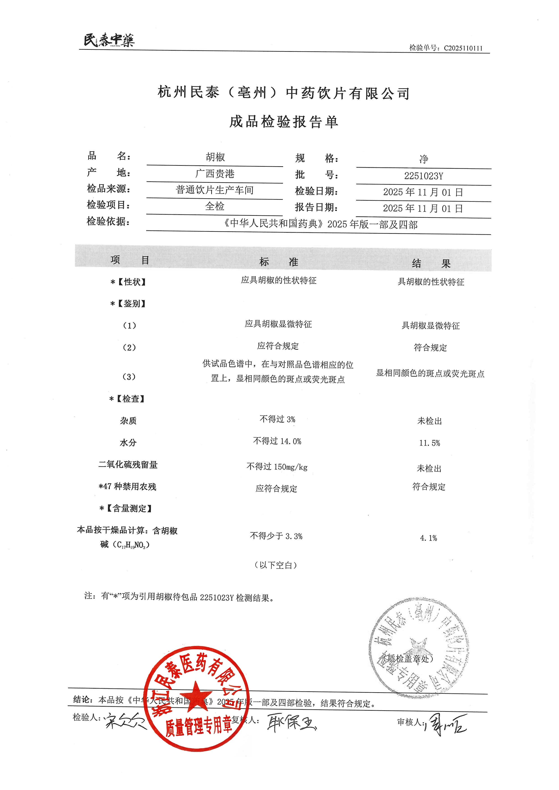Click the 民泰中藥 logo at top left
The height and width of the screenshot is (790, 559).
(x=109, y=40)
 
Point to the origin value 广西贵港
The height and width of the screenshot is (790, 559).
(x=215, y=173)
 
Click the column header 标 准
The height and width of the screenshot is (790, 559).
(x=278, y=262)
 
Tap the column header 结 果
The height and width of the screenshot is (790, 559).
(x=431, y=264)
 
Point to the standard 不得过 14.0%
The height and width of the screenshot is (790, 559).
(x=277, y=441)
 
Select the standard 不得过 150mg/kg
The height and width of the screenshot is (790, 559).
(x=277, y=467)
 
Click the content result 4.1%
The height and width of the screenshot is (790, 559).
(x=428, y=538)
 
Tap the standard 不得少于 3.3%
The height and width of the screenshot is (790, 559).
(x=276, y=536)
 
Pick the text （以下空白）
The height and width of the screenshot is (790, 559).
(x=276, y=565)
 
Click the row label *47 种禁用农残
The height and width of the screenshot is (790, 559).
(x=127, y=487)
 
